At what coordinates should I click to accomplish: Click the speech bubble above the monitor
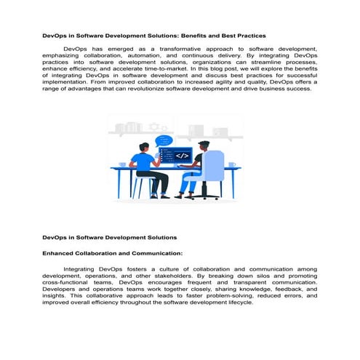coord(164,140)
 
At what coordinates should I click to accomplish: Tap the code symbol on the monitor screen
coord(183,156)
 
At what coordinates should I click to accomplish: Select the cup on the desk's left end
coord(122,164)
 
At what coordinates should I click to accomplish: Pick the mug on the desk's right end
coord(232,164)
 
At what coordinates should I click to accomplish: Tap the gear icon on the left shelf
coord(153,127)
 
